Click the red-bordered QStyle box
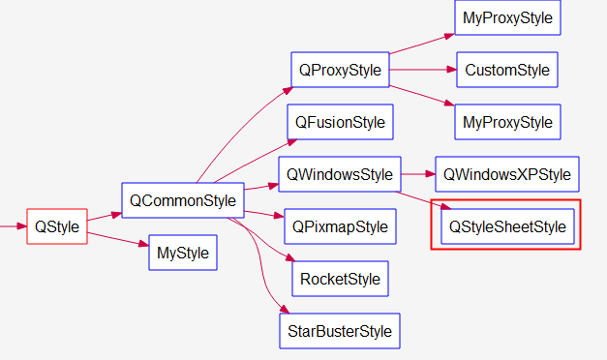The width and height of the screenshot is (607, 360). (x=56, y=226)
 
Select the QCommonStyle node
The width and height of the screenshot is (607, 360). (x=181, y=200)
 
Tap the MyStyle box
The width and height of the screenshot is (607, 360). (x=182, y=254)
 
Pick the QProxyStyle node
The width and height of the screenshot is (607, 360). (x=339, y=70)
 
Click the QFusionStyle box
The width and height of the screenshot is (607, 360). (x=340, y=122)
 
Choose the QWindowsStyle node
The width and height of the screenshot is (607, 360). (x=339, y=174)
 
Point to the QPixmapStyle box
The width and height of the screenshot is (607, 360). (x=340, y=227)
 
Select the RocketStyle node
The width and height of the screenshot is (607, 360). (x=340, y=279)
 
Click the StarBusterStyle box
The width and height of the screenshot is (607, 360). (x=340, y=331)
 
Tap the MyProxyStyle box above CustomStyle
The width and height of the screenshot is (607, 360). (x=507, y=18)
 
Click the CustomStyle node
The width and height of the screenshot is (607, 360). (x=506, y=70)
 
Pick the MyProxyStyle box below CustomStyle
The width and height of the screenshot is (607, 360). (x=507, y=122)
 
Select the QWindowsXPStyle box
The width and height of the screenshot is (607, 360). (x=507, y=174)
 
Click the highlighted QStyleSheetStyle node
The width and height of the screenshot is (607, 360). (x=506, y=226)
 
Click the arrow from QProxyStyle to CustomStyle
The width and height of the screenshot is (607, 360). (x=422, y=70)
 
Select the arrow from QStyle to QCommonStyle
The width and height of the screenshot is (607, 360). (x=105, y=218)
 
